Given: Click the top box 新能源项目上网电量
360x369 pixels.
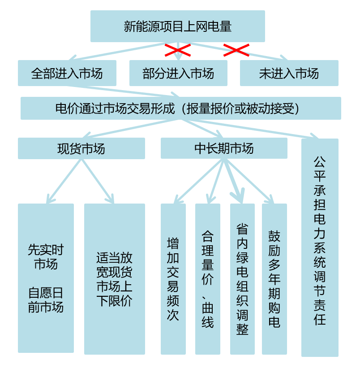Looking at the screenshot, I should [177, 26].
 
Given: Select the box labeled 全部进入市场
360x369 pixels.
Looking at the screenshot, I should [67, 73].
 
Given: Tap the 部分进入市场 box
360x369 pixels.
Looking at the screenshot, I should [178, 73].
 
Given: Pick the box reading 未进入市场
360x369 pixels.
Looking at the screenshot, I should [289, 73].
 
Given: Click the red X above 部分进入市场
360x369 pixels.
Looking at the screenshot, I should [178, 50].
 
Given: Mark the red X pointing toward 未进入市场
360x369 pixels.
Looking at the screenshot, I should [236, 50].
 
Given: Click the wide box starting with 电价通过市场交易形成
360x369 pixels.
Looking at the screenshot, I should [180, 108].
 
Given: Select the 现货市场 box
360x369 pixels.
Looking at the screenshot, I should [81, 148].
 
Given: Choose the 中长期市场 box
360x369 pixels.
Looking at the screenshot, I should [224, 148].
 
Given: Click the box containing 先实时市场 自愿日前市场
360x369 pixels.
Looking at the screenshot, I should [46, 278].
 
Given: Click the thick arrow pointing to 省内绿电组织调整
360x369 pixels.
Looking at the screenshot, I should [234, 179].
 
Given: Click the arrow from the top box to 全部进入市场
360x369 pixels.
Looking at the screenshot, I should [116, 51].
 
